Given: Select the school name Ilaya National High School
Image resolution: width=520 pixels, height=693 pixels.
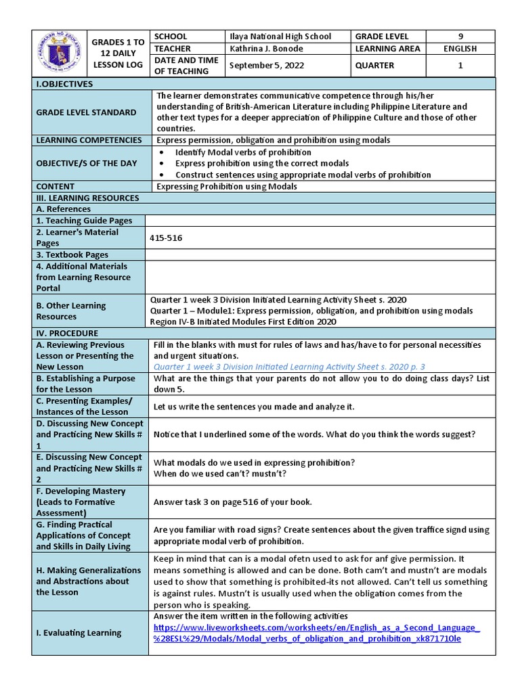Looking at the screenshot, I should tap(280, 37).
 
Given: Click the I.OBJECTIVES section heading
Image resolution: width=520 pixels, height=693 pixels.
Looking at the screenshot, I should tap(64, 84).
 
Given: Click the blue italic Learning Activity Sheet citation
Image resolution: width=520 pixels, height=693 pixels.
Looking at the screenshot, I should tap(289, 367).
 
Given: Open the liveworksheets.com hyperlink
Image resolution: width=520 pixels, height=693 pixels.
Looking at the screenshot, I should tap(317, 633).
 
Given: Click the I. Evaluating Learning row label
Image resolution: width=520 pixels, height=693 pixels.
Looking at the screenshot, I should tap(79, 633).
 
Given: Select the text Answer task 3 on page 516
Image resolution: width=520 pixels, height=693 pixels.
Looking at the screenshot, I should tap(232, 502).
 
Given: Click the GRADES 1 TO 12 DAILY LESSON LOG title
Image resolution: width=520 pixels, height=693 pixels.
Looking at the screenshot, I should tap(118, 53).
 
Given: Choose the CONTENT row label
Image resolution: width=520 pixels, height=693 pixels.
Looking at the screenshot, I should tap(56, 186).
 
